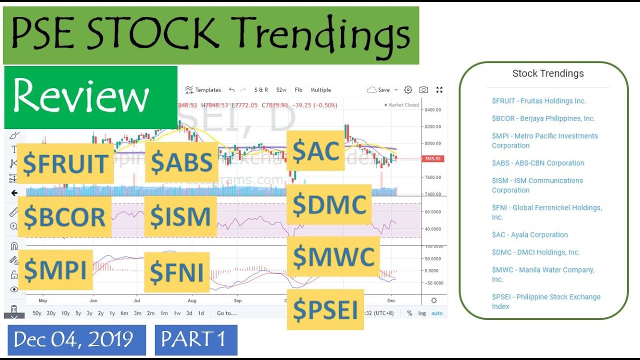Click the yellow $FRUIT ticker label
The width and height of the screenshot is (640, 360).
(x=65, y=163)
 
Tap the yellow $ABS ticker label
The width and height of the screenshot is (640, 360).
(x=181, y=162)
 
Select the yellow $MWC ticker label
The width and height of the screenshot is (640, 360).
(x=333, y=256)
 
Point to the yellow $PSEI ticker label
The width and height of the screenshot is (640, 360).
(x=325, y=309)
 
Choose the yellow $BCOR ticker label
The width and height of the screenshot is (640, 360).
(x=64, y=216)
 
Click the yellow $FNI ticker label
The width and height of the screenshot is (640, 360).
(x=176, y=272)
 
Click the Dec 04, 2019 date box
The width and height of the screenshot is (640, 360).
(x=76, y=340)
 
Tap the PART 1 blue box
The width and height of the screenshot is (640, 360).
(x=196, y=340)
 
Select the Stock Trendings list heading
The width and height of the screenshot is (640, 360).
(x=547, y=73)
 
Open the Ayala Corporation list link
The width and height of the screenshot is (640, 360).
(x=529, y=235)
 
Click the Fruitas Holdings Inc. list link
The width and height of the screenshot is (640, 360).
(x=538, y=101)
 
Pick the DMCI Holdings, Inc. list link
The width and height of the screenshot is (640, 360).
(x=535, y=252)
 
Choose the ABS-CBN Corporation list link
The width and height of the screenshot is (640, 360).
(x=537, y=163)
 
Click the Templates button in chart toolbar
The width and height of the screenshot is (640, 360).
(x=203, y=90)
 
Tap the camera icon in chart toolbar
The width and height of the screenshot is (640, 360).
(x=423, y=90)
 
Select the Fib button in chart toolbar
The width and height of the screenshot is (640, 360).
(x=298, y=90)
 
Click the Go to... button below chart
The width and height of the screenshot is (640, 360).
(x=226, y=313)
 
